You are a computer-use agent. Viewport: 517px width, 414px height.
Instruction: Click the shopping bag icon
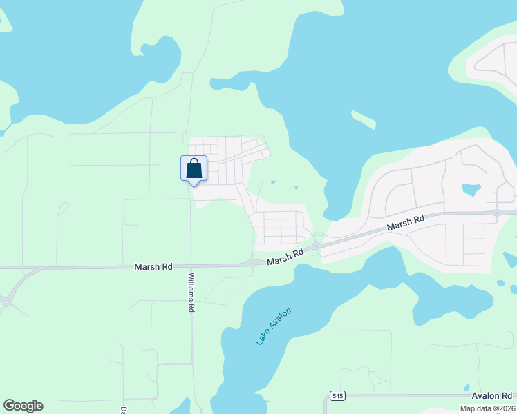pyautogui.click(x=194, y=168)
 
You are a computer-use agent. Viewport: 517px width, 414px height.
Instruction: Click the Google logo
pyautogui.click(x=23, y=406)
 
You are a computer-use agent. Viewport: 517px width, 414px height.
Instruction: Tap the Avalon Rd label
pyautogui.click(x=493, y=395)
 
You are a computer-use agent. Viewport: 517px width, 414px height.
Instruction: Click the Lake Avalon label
pyautogui.click(x=273, y=327)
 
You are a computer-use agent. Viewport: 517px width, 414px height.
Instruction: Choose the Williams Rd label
pyautogui.click(x=191, y=293)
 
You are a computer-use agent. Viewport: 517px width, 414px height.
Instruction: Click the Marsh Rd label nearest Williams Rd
pyautogui.click(x=153, y=266)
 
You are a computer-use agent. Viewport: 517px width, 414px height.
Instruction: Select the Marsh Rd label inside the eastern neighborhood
pyautogui.click(x=405, y=223)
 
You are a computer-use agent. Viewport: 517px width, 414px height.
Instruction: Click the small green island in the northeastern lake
pyautogui.click(x=364, y=119)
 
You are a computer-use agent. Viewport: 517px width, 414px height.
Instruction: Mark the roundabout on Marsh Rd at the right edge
pyautogui.click(x=497, y=213)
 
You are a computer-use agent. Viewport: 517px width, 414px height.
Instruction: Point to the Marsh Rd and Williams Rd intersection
pyautogui.click(x=191, y=266)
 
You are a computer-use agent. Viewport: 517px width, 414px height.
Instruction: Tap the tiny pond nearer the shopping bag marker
pyautogui.click(x=273, y=182)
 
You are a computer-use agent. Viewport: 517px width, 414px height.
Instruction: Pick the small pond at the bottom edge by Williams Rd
pyautogui.click(x=181, y=408)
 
